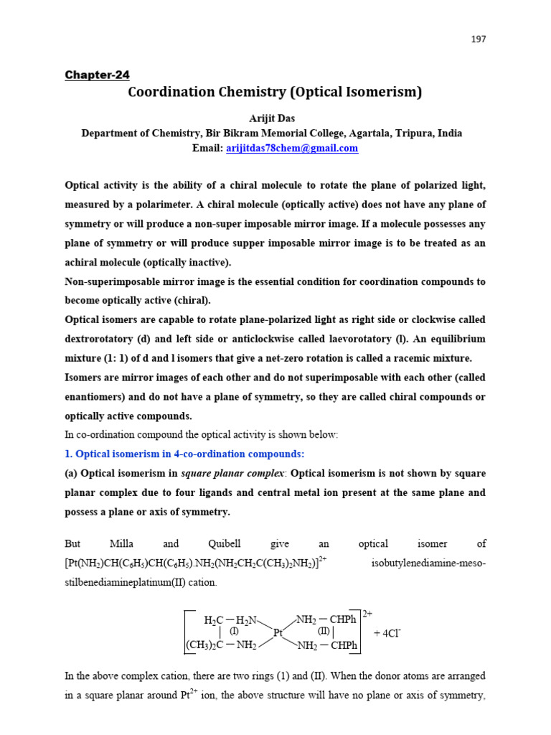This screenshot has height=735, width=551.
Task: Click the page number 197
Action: point(479,39)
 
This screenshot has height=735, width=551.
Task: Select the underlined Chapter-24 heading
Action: point(97,75)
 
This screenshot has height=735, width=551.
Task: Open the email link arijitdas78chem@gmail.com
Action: point(291,149)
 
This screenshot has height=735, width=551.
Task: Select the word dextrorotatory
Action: point(98,339)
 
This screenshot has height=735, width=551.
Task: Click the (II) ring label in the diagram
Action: point(324,631)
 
